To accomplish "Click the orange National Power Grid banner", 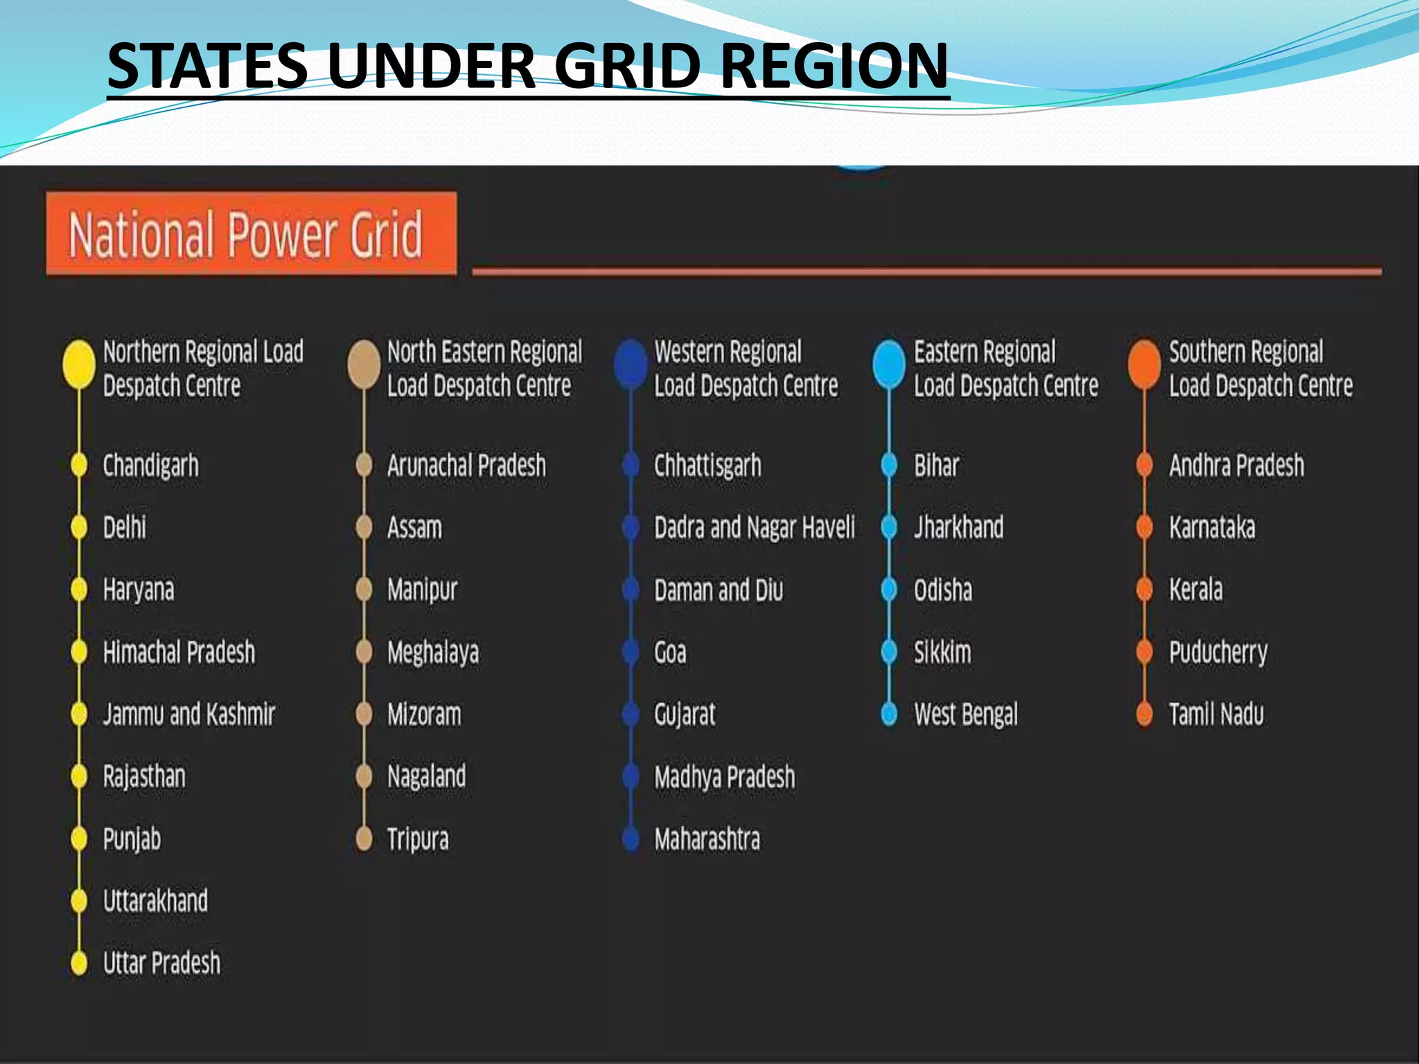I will pyautogui.click(x=251, y=233).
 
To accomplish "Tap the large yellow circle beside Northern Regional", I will pyautogui.click(x=79, y=364).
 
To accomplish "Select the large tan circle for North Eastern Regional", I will pyautogui.click(x=364, y=364).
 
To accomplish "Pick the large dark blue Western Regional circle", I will pyautogui.click(x=631, y=364).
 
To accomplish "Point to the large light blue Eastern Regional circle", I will pyautogui.click(x=889, y=364).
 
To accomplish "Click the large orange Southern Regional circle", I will pyautogui.click(x=1144, y=364).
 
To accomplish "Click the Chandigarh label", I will pyautogui.click(x=150, y=465).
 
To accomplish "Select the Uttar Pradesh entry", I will pyautogui.click(x=161, y=963).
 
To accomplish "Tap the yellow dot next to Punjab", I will pyautogui.click(x=79, y=839).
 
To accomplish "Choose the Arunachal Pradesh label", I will pyautogui.click(x=466, y=465).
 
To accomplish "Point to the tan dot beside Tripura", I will pyautogui.click(x=364, y=839).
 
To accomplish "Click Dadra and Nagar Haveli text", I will pyautogui.click(x=755, y=528).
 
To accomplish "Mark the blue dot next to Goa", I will pyautogui.click(x=631, y=652).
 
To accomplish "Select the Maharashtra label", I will pyautogui.click(x=707, y=840).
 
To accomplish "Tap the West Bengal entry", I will pyautogui.click(x=966, y=715).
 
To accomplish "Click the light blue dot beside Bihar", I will pyautogui.click(x=889, y=465).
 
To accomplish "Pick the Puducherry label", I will pyautogui.click(x=1218, y=653).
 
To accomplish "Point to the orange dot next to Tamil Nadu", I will pyautogui.click(x=1144, y=714).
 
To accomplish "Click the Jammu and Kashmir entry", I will pyautogui.click(x=189, y=715).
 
